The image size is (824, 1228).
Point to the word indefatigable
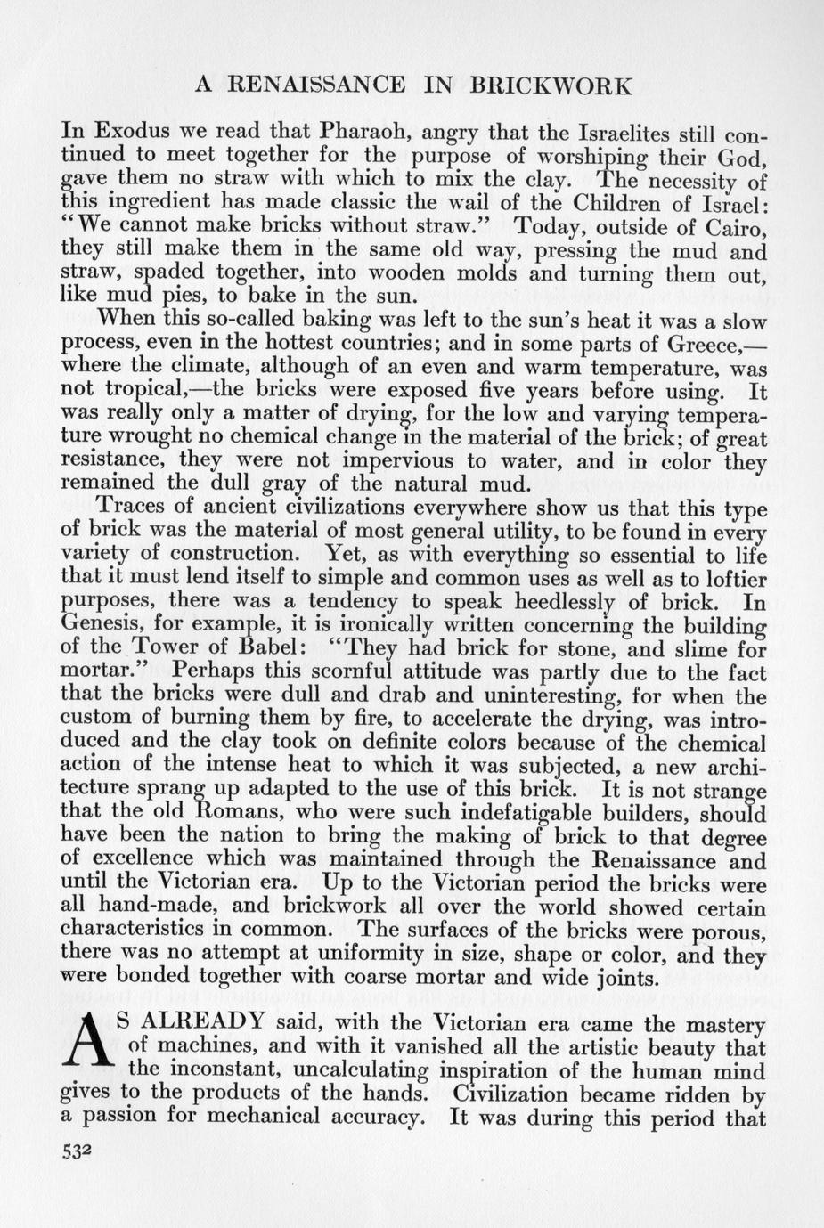click(x=546, y=813)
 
